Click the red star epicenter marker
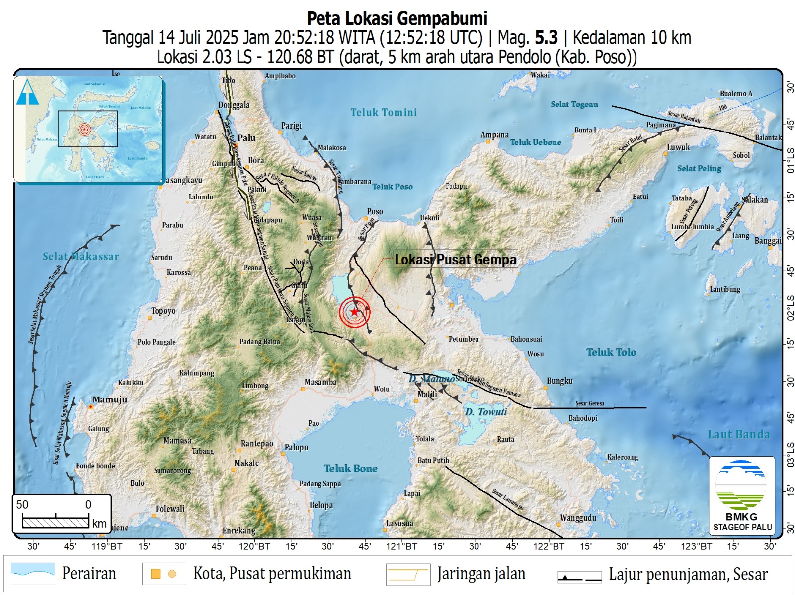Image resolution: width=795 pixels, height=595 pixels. [354, 312]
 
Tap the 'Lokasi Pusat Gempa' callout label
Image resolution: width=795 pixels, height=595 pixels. [455, 260]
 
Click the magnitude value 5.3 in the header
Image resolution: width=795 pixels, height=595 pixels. [546, 38]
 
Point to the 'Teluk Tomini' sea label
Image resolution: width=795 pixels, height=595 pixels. [384, 113]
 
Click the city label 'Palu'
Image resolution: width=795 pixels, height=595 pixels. [246, 138]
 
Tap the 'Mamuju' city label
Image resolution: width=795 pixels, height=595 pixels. [110, 399]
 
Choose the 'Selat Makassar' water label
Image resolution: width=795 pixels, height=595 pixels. [80, 257]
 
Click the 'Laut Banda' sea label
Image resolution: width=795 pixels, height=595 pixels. [738, 435]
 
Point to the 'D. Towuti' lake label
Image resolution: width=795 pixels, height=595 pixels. [485, 412]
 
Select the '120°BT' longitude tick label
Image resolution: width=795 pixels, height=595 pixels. [254, 546]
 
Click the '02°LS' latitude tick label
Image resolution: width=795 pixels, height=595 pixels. [790, 307]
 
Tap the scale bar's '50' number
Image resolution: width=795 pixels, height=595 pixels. [22, 505]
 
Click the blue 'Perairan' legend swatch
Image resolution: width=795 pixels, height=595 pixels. [33, 574]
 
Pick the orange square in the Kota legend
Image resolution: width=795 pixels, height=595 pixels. [156, 574]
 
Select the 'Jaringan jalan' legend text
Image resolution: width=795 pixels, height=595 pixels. [481, 574]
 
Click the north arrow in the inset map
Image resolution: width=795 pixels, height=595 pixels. [27, 92]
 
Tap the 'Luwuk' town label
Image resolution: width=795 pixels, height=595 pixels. [678, 147]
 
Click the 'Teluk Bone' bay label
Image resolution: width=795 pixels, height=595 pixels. [350, 469]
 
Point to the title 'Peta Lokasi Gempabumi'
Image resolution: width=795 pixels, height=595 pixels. [397, 18]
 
